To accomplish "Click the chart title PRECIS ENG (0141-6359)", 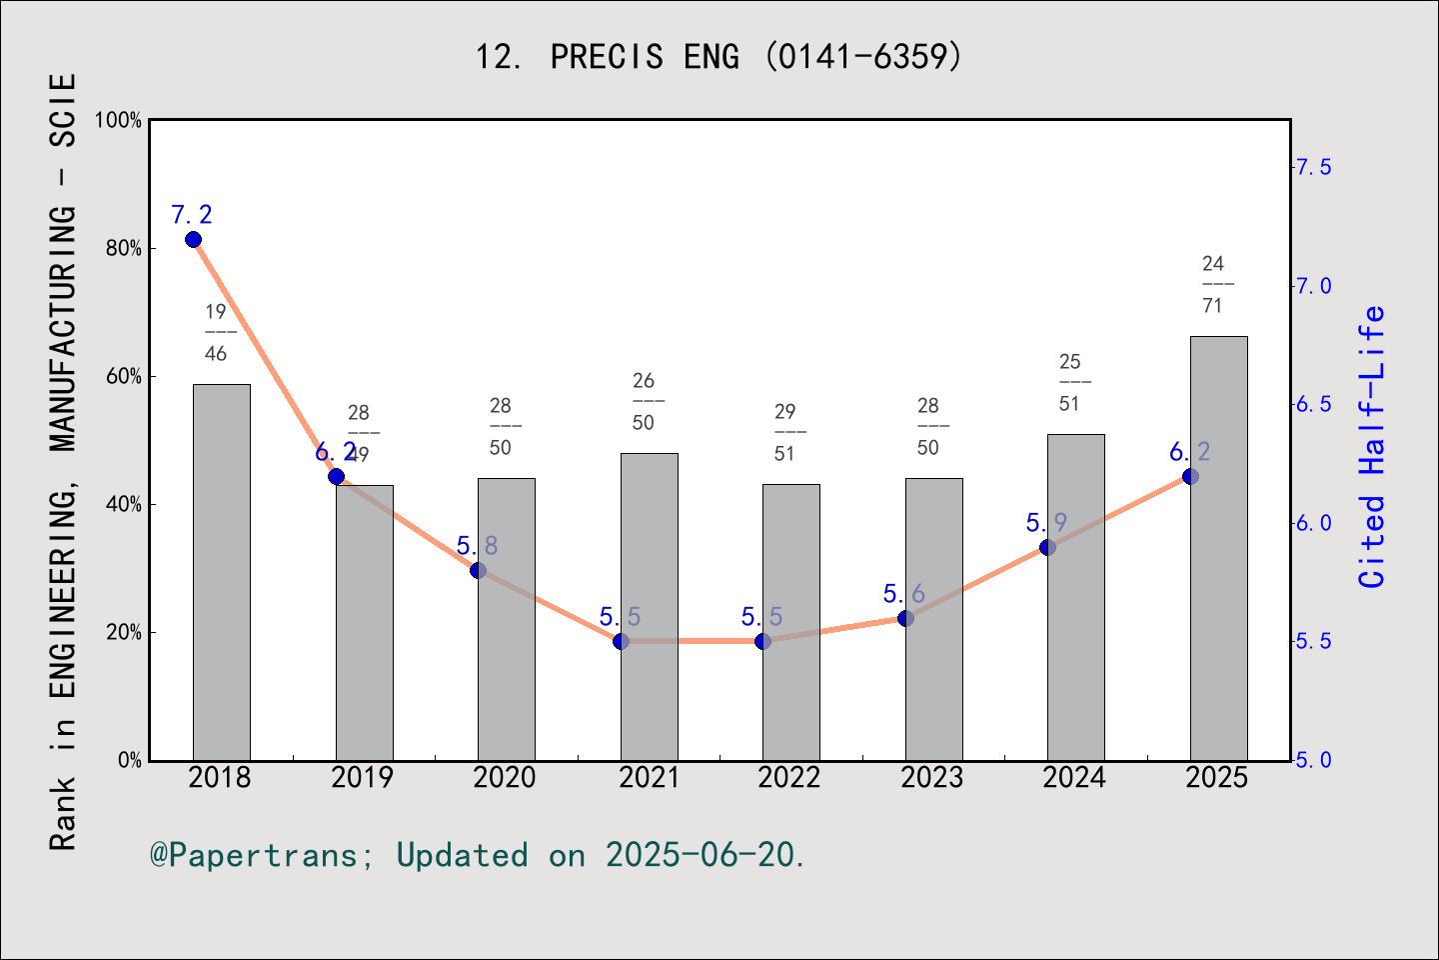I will point(719,57).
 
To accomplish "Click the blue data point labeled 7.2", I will point(193,240).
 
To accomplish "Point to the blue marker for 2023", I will point(905,619).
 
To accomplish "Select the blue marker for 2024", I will point(1047,547).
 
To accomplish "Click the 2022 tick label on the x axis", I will point(789,778).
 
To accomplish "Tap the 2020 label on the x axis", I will point(505,778).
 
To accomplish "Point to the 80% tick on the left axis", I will point(124,249).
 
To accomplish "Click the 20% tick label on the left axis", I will point(124,633).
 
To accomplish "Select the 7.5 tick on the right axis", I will point(1313,167).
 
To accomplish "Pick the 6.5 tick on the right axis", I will point(1313,405).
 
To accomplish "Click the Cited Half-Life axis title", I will point(1372,446).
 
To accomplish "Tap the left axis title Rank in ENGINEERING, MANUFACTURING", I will point(63,460).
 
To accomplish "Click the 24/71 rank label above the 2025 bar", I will point(1213,284).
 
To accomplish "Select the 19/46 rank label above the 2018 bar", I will point(216,332).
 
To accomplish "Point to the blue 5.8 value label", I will point(477,546).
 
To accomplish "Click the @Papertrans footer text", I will point(477,855).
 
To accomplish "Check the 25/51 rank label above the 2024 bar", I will point(1070,382).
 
